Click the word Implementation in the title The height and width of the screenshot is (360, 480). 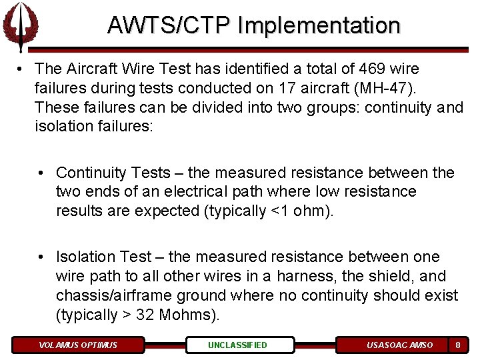point(318,25)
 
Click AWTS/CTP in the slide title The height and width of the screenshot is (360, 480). point(169,25)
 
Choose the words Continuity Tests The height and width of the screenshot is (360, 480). point(113,173)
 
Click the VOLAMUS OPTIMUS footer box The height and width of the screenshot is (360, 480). point(78,345)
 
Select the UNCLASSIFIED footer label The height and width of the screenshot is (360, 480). point(237,345)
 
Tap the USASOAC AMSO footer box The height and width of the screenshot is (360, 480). point(399,345)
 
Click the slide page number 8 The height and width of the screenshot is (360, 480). point(457,345)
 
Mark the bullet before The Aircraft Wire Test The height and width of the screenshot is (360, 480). point(21,69)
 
